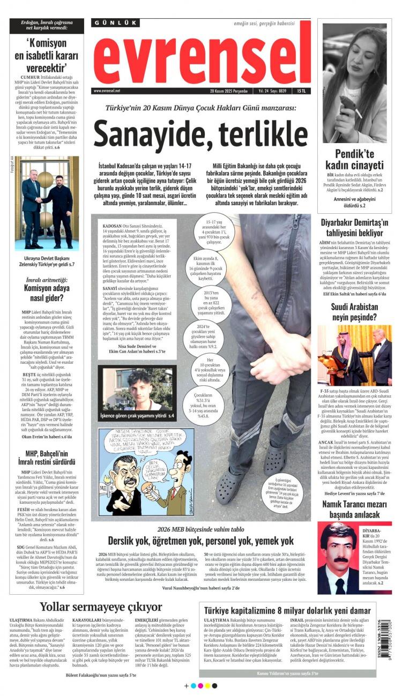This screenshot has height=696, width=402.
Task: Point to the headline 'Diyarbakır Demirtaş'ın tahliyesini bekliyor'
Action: [355, 228]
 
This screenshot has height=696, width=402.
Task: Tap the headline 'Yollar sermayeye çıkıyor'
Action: [101, 607]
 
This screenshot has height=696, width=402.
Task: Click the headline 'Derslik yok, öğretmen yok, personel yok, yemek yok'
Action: [200, 541]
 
